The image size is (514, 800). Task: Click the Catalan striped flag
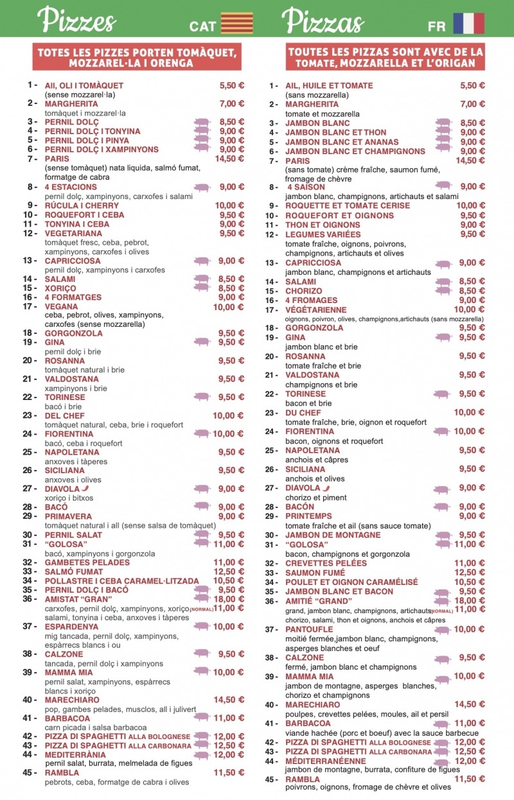pos(236,23)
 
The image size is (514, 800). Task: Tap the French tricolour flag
pos(468,23)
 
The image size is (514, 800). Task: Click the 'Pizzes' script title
pos(76,21)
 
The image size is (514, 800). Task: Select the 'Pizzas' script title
pos(323,21)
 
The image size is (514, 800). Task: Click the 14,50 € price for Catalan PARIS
pos(229,159)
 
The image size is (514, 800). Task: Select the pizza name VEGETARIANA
pos(74,233)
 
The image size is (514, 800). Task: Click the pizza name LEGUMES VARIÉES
pos(323,234)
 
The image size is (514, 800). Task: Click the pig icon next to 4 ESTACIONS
pos(202,187)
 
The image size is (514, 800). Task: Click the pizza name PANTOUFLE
pos(309,629)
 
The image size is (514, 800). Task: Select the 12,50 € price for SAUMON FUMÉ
pos(472,573)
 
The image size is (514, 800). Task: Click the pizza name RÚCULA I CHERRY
pos(82,205)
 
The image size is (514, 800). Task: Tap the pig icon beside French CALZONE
pos(442,658)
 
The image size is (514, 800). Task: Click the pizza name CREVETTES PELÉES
pos(326,563)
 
